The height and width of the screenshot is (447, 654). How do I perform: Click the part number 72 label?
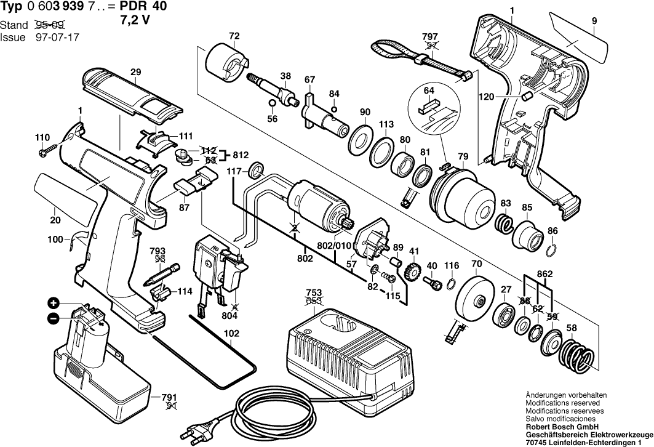coord(234,36)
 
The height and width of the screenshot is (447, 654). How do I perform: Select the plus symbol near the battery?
coord(54,303)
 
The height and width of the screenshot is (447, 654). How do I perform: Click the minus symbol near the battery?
coord(54,319)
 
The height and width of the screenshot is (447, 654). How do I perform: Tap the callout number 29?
coord(135,72)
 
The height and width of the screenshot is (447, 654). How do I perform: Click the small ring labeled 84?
coord(333,110)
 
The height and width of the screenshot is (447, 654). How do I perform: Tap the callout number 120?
coord(486,97)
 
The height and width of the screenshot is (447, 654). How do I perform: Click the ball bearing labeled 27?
coord(503,313)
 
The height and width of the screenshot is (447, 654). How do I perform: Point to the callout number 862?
coord(544,274)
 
